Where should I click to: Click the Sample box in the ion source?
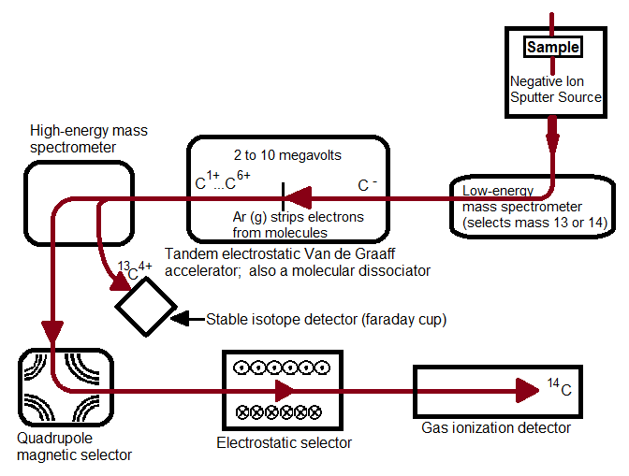tap(552, 46)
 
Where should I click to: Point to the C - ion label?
tap(367, 185)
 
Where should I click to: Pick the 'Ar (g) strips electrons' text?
tap(298, 224)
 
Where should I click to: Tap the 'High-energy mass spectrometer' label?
tap(88, 139)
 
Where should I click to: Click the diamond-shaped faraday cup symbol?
tap(145, 306)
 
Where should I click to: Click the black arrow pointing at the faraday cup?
tap(187, 319)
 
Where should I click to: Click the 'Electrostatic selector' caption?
tap(284, 442)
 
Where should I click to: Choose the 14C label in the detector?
tap(559, 387)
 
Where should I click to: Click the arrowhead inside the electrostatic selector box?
tap(284, 389)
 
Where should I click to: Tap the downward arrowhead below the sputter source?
tap(552, 142)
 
